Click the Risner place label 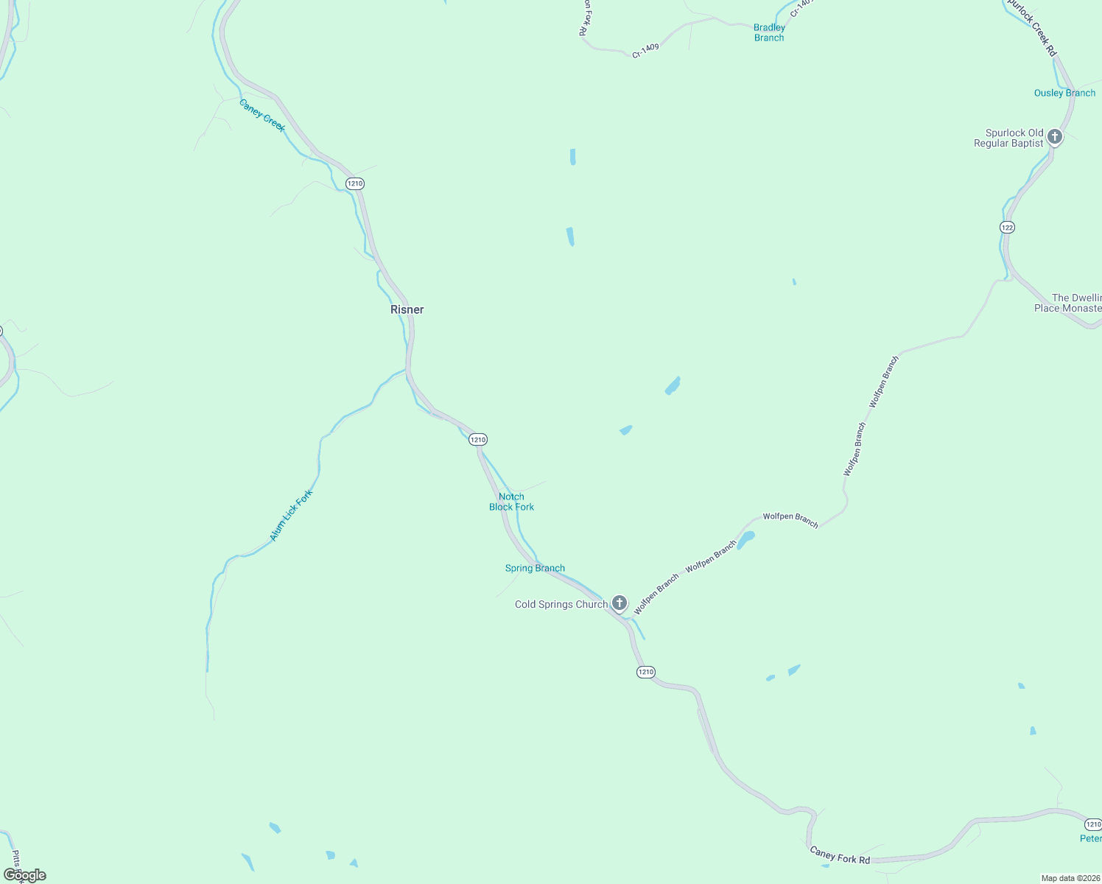click(x=407, y=309)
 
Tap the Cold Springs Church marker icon click(x=620, y=603)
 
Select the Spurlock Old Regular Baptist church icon click(x=1055, y=137)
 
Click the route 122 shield click(x=1007, y=227)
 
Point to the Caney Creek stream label click(x=262, y=115)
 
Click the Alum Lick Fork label click(x=291, y=516)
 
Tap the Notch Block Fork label click(x=512, y=502)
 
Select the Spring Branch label click(x=535, y=568)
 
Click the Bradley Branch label click(x=769, y=32)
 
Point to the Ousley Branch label click(x=1064, y=93)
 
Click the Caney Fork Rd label click(x=840, y=855)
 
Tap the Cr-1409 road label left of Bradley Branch click(x=645, y=50)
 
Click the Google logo click(x=25, y=875)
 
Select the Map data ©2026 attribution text click(x=1070, y=878)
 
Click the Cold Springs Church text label click(x=561, y=604)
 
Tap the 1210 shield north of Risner click(x=355, y=183)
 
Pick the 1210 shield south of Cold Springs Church click(x=645, y=672)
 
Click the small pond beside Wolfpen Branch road click(x=746, y=540)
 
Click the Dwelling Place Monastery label click(x=1068, y=303)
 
